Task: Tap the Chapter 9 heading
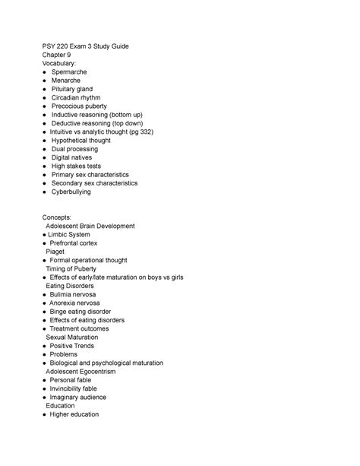[x=59, y=55]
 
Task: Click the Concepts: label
[x=59, y=217]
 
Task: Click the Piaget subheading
[x=55, y=252]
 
